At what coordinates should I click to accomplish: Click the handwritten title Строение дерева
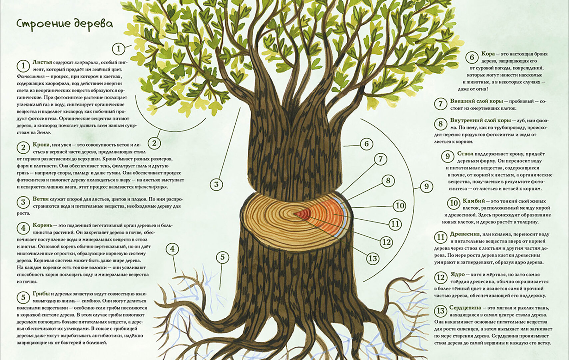(65, 24)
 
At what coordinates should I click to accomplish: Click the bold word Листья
(42, 62)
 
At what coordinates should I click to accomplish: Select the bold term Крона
(41, 145)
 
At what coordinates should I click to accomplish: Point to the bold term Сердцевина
(465, 307)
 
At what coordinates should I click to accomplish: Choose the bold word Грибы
(41, 294)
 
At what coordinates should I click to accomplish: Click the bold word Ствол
(465, 154)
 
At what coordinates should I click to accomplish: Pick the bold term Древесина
(465, 234)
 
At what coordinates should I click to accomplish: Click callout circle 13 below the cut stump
(373, 258)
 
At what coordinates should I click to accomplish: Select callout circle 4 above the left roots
(172, 249)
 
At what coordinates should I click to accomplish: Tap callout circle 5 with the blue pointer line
(223, 257)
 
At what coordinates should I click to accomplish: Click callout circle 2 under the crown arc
(154, 143)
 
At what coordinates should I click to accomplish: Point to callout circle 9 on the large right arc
(426, 187)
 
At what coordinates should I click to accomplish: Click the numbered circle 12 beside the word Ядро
(440, 277)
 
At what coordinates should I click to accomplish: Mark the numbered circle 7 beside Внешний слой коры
(440, 104)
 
